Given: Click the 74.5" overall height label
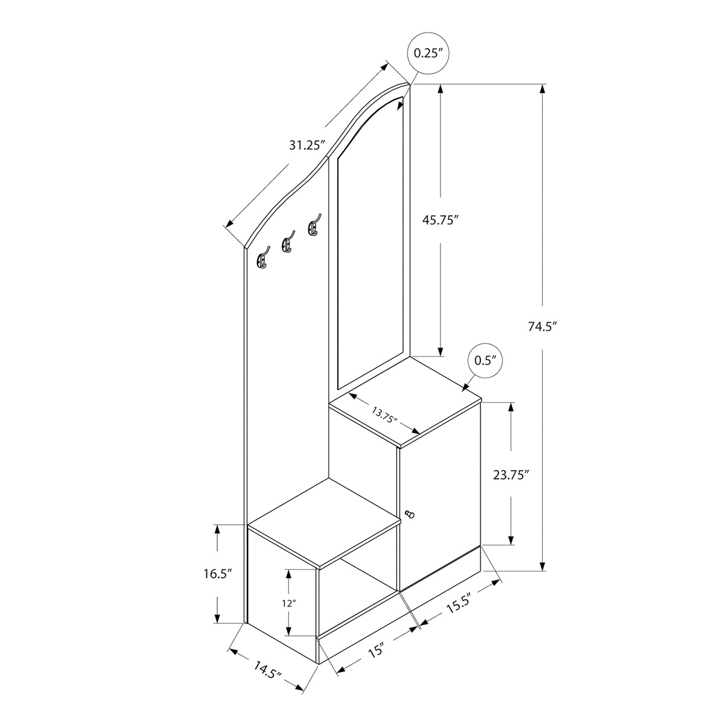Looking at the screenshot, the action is tap(542, 326).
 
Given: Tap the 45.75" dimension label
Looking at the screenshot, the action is tap(441, 220).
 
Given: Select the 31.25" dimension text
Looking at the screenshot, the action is tap(306, 145).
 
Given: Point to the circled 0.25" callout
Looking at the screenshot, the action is tap(428, 53).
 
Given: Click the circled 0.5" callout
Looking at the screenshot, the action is tap(485, 361).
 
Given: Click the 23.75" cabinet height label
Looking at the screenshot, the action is tap(511, 475).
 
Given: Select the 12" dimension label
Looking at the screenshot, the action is tap(290, 604).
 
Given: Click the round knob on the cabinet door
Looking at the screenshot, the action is tap(409, 513).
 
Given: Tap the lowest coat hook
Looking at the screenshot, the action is tap(262, 258).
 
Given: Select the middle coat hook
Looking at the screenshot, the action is tap(287, 243).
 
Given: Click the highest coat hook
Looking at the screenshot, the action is tap(314, 226).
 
